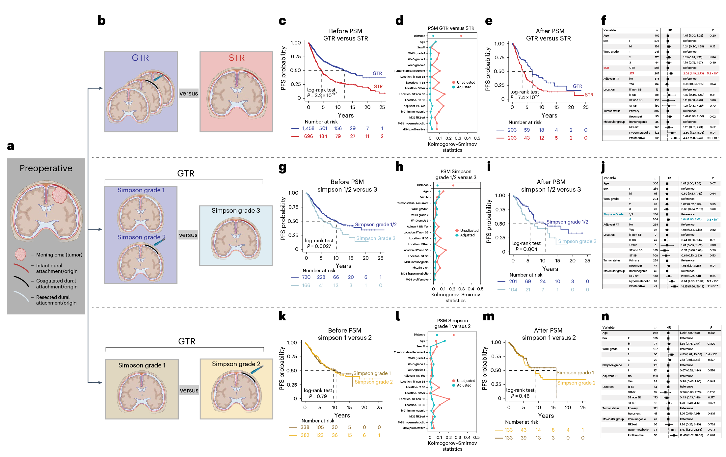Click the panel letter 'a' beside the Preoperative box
pos(11,146)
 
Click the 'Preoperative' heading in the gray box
pos(46,168)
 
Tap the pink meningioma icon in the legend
pos(20,254)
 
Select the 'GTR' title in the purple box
pos(140,58)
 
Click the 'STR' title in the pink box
pos(237,58)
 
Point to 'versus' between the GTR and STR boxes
pos(189,94)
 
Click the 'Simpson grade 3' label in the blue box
pos(236,211)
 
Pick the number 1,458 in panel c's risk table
pos(308,128)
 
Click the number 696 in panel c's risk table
pos(308,136)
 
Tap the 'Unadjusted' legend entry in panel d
pos(466,82)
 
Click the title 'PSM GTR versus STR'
pos(451,28)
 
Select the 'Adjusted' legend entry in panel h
pos(467,235)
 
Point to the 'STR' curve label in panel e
pos(589,95)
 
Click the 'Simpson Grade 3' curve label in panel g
pos(376,238)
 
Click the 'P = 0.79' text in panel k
pos(318,396)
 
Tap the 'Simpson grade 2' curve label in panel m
pos(576,383)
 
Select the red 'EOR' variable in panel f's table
pos(606,68)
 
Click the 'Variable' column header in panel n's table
pos(608,328)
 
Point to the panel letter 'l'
pos(398,316)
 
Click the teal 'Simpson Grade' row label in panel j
pos(613,214)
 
